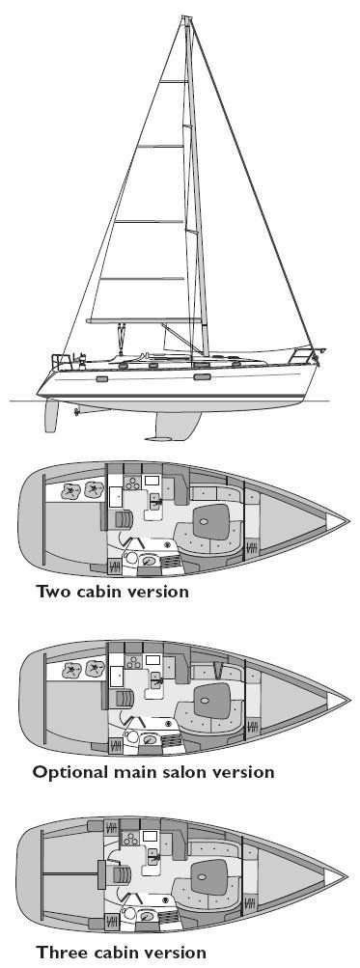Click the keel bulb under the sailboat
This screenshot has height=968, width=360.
click(158, 439)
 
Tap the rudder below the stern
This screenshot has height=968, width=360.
click(50, 415)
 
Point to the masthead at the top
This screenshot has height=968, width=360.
click(187, 19)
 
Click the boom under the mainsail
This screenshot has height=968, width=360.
click(144, 321)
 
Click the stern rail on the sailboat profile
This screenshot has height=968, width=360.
click(61, 361)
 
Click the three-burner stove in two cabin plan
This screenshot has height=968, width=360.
click(132, 484)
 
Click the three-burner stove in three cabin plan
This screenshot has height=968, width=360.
click(131, 839)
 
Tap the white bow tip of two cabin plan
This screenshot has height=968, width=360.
click(337, 522)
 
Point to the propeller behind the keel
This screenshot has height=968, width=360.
click(76, 409)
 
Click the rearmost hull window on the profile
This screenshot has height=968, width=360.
click(102, 378)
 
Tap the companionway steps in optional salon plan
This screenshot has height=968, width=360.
click(125, 699)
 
